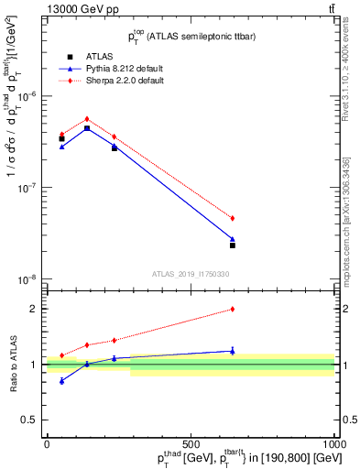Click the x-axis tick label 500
(191, 442)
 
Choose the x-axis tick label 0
(47, 442)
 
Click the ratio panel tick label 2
(33, 309)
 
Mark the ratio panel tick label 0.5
(29, 420)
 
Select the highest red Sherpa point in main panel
(87, 118)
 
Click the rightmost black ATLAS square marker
(233, 245)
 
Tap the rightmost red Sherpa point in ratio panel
(233, 310)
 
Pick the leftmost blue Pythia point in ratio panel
(61, 381)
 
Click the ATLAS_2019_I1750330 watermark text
(191, 274)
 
